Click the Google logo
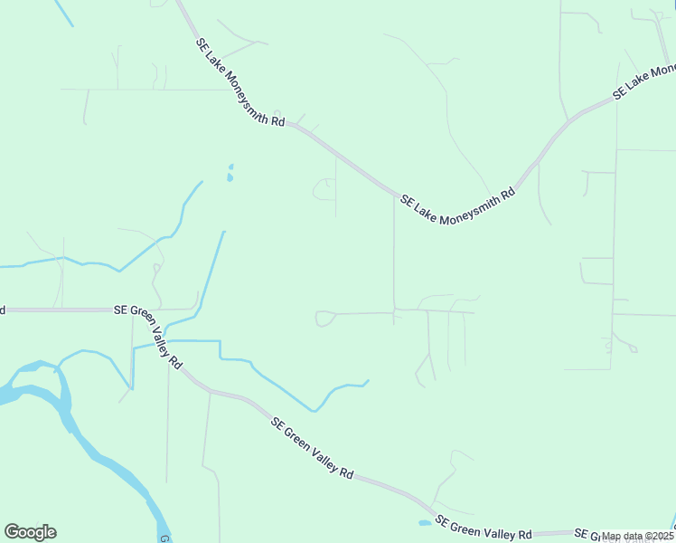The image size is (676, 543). coord(30,532)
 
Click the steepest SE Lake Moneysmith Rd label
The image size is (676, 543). coord(239,82)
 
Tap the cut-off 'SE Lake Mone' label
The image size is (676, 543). coord(643,81)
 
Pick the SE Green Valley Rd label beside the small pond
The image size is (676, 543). coord(484,528)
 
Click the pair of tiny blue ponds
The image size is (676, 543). coord(230,173)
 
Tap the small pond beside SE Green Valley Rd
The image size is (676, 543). coord(425,522)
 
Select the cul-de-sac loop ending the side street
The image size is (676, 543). coord(324,319)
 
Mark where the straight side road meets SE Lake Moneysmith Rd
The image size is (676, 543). coord(394,194)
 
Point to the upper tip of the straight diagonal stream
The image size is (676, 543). coord(223,233)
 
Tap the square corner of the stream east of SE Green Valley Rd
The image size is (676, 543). coord(219,342)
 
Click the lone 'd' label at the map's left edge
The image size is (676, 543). coord(3,310)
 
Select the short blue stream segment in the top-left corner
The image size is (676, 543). coord(63,12)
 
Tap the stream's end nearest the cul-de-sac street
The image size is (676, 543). coord(367,381)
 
